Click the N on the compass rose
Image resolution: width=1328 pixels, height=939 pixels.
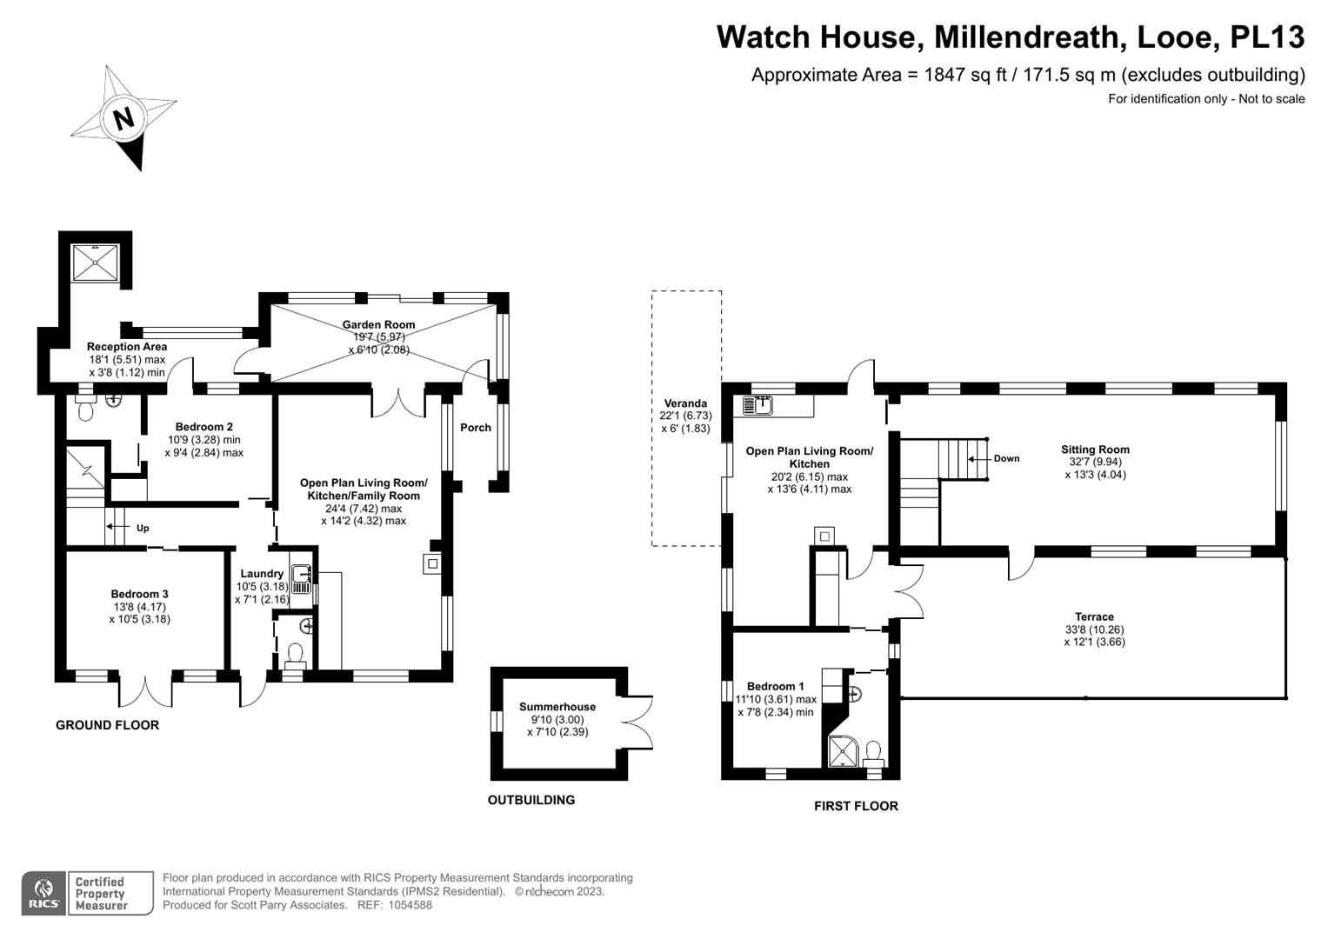pos(123,119)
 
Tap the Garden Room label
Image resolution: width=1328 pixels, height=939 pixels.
pos(378,325)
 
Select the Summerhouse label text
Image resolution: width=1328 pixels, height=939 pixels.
pos(557,707)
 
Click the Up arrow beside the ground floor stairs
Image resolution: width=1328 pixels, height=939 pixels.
pos(118,527)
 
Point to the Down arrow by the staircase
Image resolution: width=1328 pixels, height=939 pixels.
pos(981,459)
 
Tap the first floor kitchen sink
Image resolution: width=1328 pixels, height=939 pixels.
pos(757,405)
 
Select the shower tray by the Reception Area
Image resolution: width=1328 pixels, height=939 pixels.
pos(96,263)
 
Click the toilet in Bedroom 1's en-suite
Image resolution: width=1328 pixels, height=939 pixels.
pos(873,754)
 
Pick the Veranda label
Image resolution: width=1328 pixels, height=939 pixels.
pos(685,403)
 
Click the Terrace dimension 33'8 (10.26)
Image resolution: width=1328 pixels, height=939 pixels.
pos(1094,629)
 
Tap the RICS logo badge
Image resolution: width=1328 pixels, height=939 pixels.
pos(44,894)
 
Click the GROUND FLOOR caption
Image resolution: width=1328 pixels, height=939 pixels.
pos(107,725)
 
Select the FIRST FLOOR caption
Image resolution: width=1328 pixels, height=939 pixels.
pos(856,806)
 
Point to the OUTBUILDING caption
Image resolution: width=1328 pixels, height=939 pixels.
pos(531,800)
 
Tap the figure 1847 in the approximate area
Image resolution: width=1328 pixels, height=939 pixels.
pos(945,75)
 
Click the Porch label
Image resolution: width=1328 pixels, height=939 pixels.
pos(476,428)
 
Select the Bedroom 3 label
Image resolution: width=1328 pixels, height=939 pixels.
pos(139,594)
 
